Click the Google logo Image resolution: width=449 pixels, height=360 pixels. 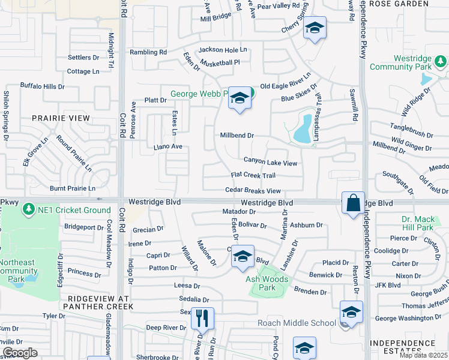click(x=20, y=353)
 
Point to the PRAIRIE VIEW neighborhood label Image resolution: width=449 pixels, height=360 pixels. click(x=61, y=118)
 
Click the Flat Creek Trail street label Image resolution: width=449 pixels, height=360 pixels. click(x=253, y=175)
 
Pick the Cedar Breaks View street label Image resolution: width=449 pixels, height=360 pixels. click(x=253, y=191)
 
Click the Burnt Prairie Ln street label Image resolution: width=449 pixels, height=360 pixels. click(x=73, y=188)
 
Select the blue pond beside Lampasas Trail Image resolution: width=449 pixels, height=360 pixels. click(x=304, y=130)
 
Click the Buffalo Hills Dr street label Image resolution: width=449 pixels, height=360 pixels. click(x=42, y=86)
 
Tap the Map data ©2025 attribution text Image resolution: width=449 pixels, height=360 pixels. click(x=423, y=355)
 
